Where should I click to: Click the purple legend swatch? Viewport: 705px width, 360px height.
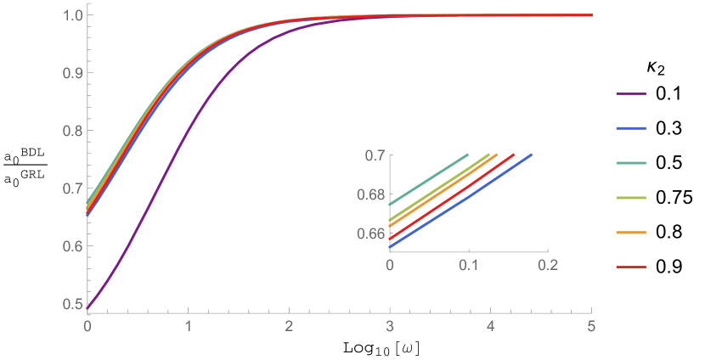click(631, 93)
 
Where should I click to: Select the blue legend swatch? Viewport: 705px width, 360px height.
click(631, 128)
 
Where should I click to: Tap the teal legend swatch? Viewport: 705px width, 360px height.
click(631, 163)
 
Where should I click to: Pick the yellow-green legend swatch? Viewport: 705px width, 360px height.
click(631, 198)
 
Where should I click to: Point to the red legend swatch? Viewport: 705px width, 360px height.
click(631, 267)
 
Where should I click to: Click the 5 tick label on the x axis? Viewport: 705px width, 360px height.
click(591, 326)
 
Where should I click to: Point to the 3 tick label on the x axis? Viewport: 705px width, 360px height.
click(390, 326)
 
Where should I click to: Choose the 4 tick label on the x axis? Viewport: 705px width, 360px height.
click(491, 326)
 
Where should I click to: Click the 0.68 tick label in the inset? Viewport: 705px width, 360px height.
click(370, 194)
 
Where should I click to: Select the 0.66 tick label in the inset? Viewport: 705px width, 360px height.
click(370, 233)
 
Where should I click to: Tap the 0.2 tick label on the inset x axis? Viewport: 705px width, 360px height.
click(546, 265)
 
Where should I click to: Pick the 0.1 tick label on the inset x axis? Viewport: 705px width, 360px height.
click(468, 265)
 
